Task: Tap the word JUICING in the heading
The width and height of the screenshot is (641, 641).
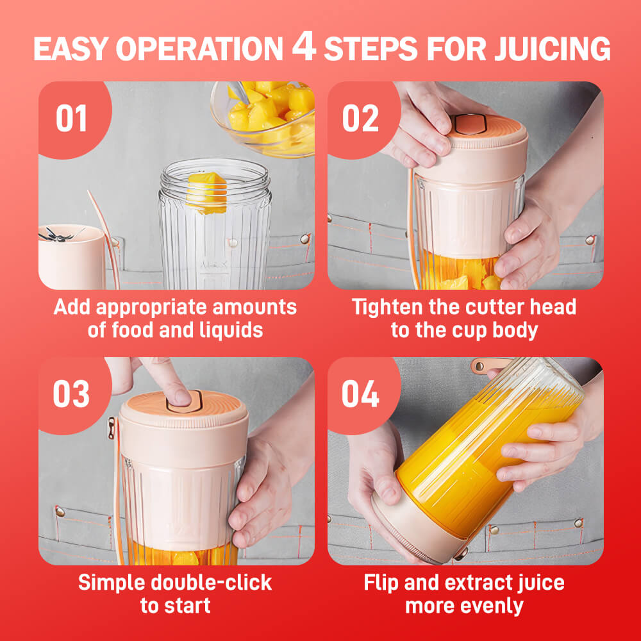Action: tap(553, 49)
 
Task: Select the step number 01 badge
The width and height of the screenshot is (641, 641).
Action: tap(72, 118)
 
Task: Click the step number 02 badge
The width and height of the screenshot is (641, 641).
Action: tap(360, 118)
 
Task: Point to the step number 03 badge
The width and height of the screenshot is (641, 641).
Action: tap(71, 394)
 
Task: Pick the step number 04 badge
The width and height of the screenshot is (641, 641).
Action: tap(360, 394)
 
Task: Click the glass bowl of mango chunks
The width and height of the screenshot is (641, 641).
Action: tap(263, 118)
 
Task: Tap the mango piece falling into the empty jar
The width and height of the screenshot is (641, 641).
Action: tap(207, 193)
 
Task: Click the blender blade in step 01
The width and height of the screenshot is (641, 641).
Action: tap(57, 235)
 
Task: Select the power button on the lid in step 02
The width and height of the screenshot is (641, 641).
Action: tap(470, 124)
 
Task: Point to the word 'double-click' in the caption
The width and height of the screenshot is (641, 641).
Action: tap(211, 583)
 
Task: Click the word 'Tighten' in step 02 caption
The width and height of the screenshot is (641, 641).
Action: tap(387, 308)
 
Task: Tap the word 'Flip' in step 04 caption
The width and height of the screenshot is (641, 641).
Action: tap(381, 583)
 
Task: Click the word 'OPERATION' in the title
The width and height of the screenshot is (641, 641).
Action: tap(199, 49)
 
